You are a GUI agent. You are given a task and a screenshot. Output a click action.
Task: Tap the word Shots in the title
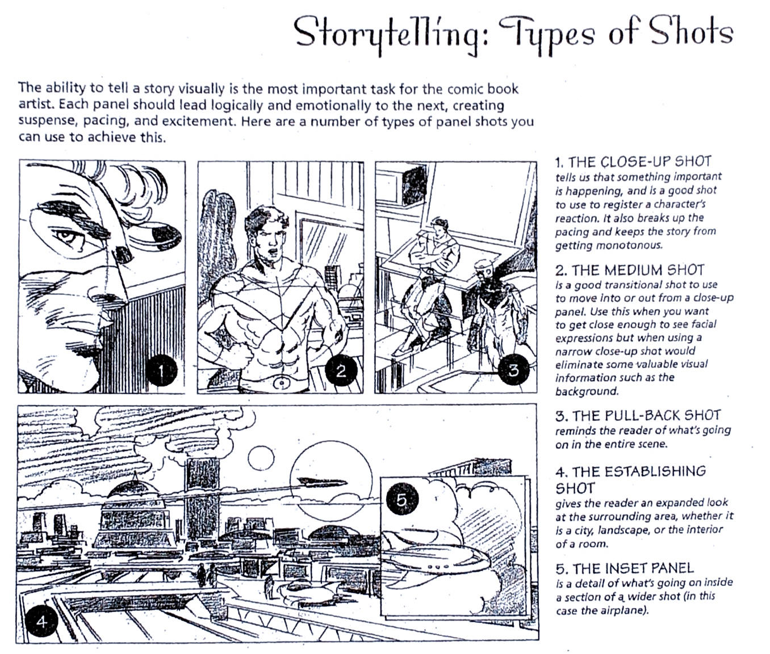pyautogui.click(x=691, y=32)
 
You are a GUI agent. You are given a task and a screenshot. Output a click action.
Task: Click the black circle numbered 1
pyautogui.click(x=161, y=370)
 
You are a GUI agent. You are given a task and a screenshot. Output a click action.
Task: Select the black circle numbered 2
pyautogui.click(x=341, y=370)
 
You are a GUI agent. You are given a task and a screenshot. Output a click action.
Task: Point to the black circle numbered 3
pyautogui.click(x=514, y=369)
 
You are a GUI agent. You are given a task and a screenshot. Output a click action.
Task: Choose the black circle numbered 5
pyautogui.click(x=402, y=500)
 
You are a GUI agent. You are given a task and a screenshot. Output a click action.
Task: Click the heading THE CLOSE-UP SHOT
pyautogui.click(x=639, y=162)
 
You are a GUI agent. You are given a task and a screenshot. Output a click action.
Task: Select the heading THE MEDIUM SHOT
pyautogui.click(x=638, y=271)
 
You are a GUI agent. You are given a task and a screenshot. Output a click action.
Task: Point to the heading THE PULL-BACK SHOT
pyautogui.click(x=646, y=416)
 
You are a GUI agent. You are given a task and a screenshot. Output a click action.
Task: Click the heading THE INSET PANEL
pyautogui.click(x=633, y=568)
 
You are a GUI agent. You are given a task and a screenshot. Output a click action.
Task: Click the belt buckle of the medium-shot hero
pyautogui.click(x=282, y=382)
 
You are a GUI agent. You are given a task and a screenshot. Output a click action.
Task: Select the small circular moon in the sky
pyautogui.click(x=261, y=458)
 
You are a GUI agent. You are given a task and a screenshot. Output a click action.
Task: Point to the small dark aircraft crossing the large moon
pyautogui.click(x=322, y=483)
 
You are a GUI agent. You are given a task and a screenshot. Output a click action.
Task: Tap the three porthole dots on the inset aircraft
pyautogui.click(x=438, y=567)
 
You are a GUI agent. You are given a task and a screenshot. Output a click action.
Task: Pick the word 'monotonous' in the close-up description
pyautogui.click(x=630, y=246)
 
